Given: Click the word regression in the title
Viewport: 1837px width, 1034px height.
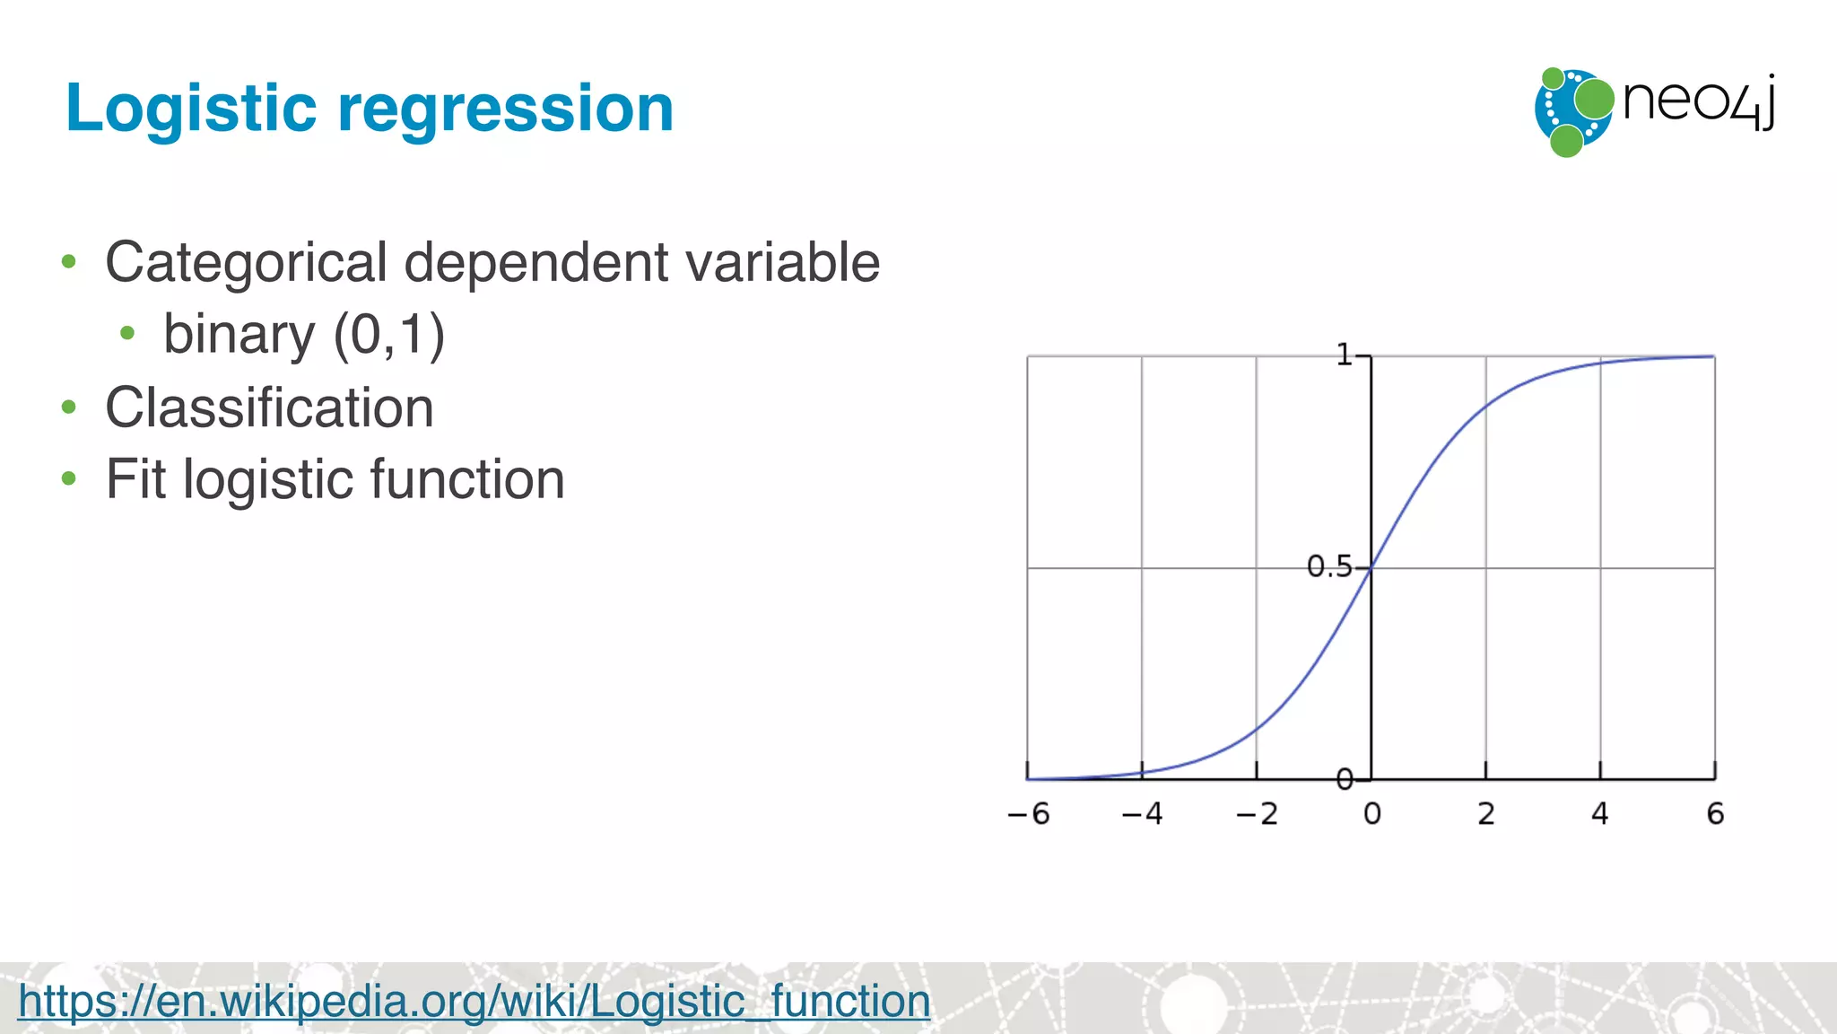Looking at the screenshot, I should click(x=505, y=110).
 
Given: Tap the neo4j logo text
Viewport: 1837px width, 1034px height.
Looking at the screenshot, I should click(x=1698, y=102).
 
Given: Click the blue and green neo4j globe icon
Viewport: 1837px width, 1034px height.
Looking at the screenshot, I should click(x=1572, y=111).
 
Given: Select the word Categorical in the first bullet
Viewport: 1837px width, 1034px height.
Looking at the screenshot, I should click(x=247, y=263).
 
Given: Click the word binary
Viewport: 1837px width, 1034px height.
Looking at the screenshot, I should click(x=239, y=335).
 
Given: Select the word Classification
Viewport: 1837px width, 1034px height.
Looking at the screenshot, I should click(x=269, y=407).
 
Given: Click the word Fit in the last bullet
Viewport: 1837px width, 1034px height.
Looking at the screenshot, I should click(x=135, y=478).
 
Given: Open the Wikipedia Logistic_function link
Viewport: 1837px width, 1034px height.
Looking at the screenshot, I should click(x=474, y=1001).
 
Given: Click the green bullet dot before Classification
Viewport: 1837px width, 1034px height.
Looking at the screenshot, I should click(x=69, y=407).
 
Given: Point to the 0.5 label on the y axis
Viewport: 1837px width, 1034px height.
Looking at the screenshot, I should click(x=1328, y=566).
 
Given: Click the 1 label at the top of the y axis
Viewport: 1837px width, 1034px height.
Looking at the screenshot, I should click(x=1344, y=355).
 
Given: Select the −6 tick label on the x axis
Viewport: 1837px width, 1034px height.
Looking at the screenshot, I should click(x=1028, y=814).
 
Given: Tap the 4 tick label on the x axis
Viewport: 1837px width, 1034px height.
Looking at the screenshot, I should click(x=1600, y=814).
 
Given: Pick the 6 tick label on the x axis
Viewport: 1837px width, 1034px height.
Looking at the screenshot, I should click(x=1715, y=814).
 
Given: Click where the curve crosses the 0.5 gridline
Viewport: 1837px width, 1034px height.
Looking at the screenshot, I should click(x=1371, y=568).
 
